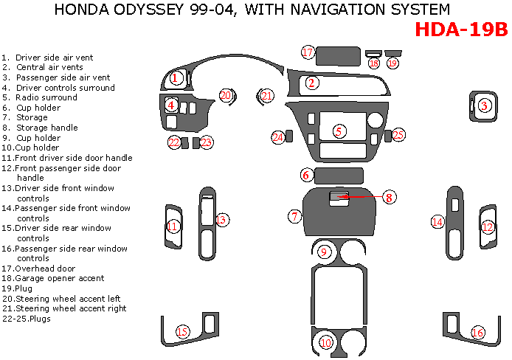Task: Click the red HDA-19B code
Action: click(461, 30)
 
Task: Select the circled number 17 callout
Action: click(308, 52)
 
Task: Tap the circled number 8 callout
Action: click(388, 197)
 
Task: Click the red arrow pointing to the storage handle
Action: click(361, 197)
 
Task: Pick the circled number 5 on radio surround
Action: click(339, 131)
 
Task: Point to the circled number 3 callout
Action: click(484, 105)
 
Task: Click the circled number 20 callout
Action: click(226, 96)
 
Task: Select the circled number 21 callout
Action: click(267, 96)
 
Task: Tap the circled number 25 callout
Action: click(398, 135)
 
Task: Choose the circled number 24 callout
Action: click(277, 137)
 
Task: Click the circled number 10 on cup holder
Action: click(326, 342)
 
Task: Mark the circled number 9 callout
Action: click(323, 252)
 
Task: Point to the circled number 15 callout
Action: click(181, 332)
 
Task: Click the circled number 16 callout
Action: click(478, 333)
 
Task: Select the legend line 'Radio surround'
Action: click(46, 97)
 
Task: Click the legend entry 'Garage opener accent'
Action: click(52, 279)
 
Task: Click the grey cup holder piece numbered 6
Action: click(339, 176)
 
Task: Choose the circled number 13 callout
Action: click(221, 219)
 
